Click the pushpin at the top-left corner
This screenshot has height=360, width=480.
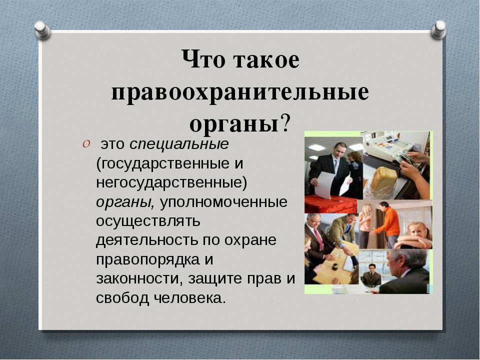click(x=42, y=30)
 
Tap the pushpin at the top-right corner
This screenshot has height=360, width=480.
click(x=438, y=29)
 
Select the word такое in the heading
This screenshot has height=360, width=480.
click(x=266, y=59)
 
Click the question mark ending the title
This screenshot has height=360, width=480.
click(x=284, y=123)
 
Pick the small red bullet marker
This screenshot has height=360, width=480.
click(x=86, y=144)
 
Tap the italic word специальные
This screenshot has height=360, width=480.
click(x=179, y=144)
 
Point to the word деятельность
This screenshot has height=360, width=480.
click(x=147, y=240)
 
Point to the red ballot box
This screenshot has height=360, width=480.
click(x=330, y=204)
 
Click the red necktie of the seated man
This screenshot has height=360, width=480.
click(x=318, y=239)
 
